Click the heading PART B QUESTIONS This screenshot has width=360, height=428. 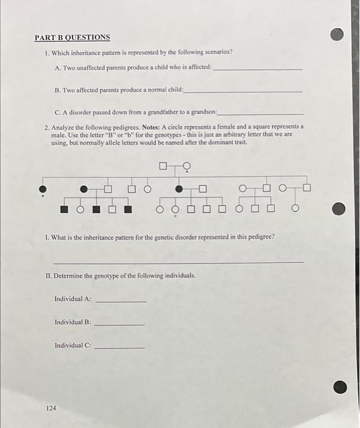pyautogui.click(x=72, y=37)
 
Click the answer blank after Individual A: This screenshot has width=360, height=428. pyautogui.click(x=121, y=300)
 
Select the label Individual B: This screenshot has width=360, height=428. pyautogui.click(x=72, y=322)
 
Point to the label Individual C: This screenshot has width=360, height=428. pyautogui.click(x=72, y=345)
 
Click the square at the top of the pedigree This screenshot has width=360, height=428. pyautogui.click(x=163, y=165)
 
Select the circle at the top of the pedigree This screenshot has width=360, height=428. pyautogui.click(x=186, y=165)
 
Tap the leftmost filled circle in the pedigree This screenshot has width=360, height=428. pyautogui.click(x=43, y=188)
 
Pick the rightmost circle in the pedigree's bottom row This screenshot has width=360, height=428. pyautogui.click(x=295, y=210)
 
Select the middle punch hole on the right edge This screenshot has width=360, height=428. pyautogui.click(x=339, y=209)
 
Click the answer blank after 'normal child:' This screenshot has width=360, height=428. pyautogui.click(x=243, y=90)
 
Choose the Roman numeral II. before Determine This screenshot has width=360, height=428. pyautogui.click(x=49, y=276)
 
